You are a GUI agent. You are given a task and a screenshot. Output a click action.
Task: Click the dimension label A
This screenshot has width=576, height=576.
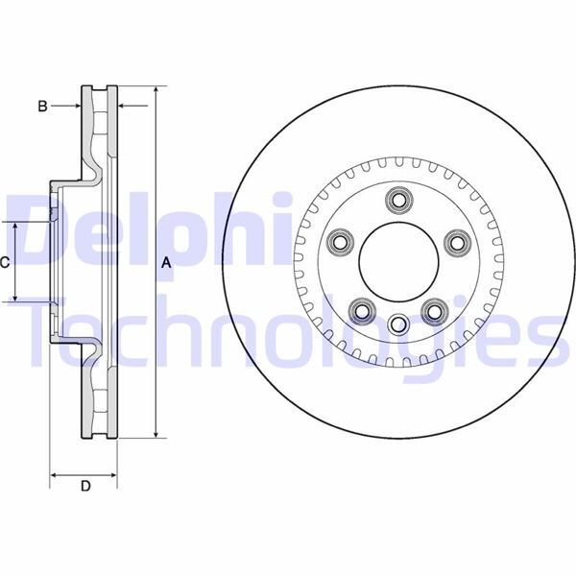pos(164,262)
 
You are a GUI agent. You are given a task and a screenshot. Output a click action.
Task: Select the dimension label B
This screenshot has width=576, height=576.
pos(42,107)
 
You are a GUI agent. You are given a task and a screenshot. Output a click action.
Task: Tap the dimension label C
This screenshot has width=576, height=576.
pos(5,261)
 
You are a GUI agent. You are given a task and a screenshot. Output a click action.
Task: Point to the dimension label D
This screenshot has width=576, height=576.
pos(84,487)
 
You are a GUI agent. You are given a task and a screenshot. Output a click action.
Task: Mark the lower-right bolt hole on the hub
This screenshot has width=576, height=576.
pos(434,309)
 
